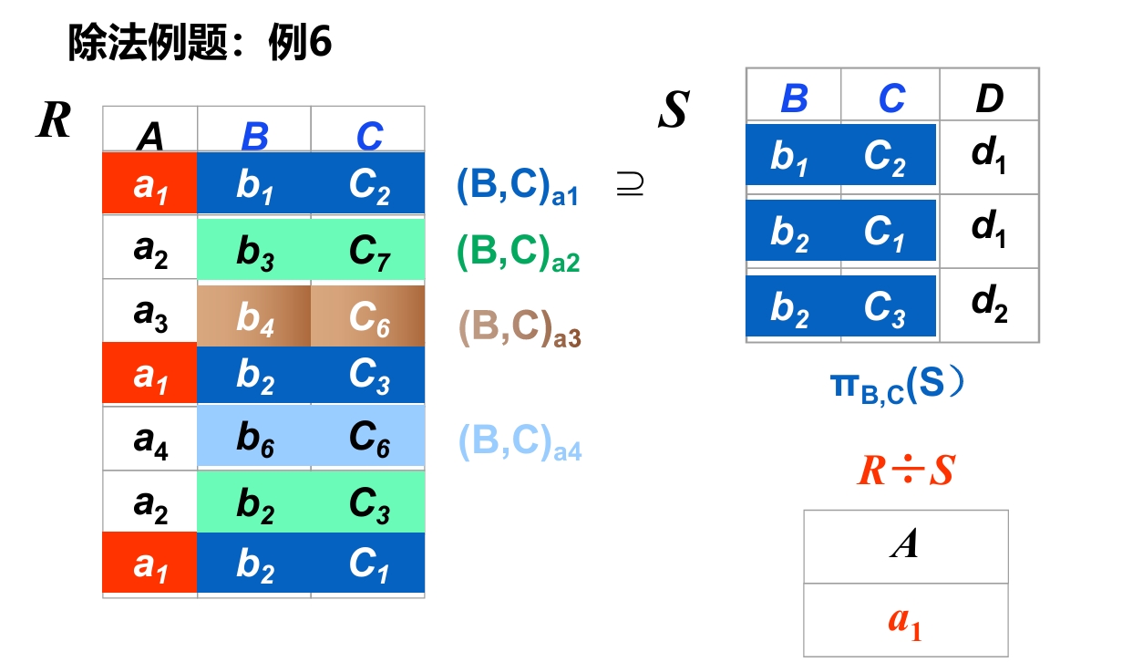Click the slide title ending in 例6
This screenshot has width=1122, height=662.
pyautogui.click(x=200, y=43)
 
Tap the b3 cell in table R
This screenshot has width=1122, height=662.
pyautogui.click(x=254, y=249)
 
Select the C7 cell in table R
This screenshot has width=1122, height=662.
pyautogui.click(x=369, y=249)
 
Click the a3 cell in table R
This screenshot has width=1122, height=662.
pyautogui.click(x=150, y=313)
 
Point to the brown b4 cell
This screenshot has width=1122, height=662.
pyautogui.click(x=254, y=315)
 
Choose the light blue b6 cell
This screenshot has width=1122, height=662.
pyautogui.click(x=254, y=439)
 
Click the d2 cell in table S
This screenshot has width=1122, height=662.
pyautogui.click(x=989, y=304)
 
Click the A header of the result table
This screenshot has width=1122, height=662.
pyautogui.click(x=905, y=545)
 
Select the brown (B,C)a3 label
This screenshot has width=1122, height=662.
pyautogui.click(x=519, y=329)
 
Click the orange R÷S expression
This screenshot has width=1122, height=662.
pyautogui.click(x=905, y=471)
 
